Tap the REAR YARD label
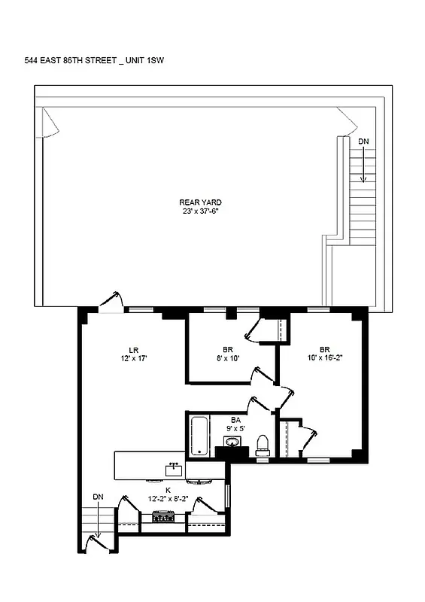(x=200, y=202)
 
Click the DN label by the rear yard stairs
(x=363, y=141)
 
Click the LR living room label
(x=133, y=349)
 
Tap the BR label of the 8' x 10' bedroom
(x=228, y=349)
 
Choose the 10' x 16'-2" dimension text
(x=325, y=358)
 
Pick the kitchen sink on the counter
(x=173, y=469)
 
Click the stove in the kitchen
(x=164, y=517)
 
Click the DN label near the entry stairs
(x=98, y=497)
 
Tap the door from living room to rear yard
(x=111, y=301)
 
